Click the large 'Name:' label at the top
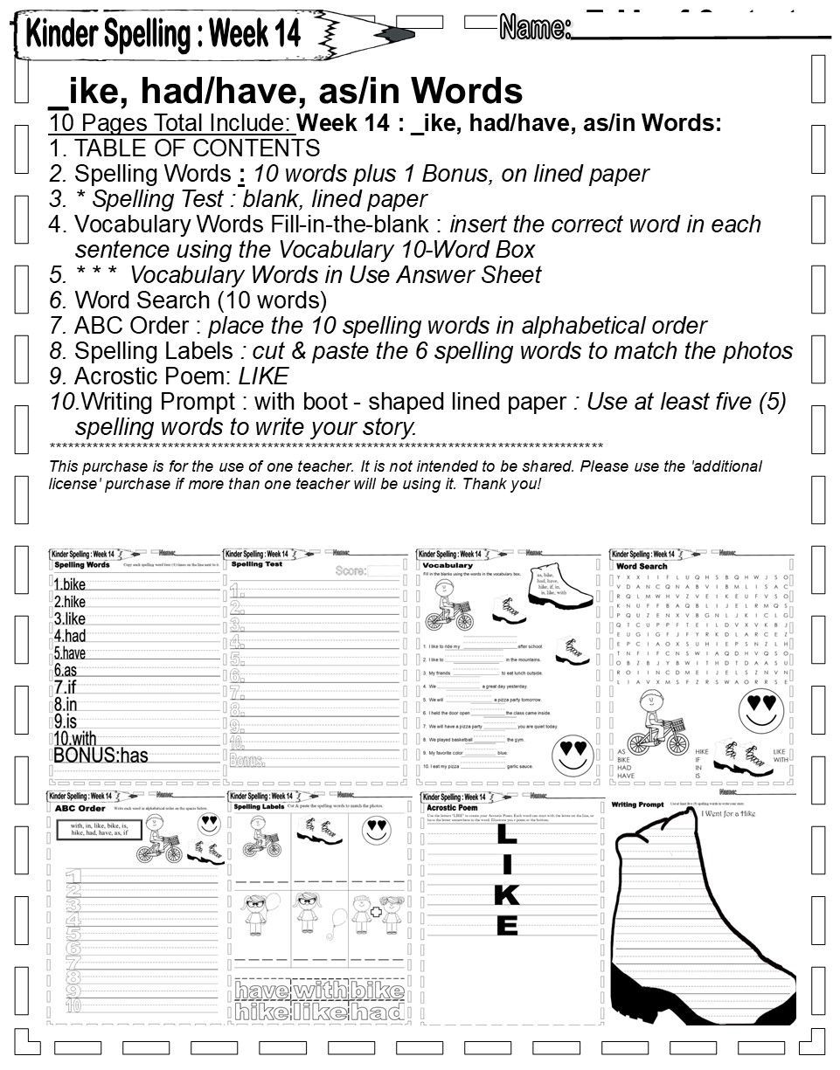click(x=535, y=28)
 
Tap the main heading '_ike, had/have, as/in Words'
click(x=286, y=90)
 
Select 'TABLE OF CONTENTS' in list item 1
click(x=197, y=148)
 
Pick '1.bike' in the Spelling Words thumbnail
click(x=70, y=585)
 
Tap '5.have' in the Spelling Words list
click(x=70, y=653)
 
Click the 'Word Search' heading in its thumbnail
click(x=642, y=566)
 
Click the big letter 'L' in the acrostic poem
click(x=506, y=835)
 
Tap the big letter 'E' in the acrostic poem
click(x=506, y=924)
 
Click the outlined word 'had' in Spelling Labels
click(x=378, y=1011)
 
